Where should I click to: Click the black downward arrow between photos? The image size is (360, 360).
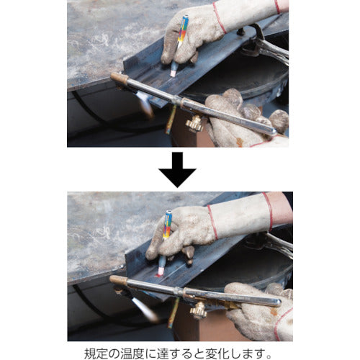[176, 169]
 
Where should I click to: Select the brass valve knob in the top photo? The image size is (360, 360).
[193, 124]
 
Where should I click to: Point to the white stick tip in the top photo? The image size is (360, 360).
[174, 73]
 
